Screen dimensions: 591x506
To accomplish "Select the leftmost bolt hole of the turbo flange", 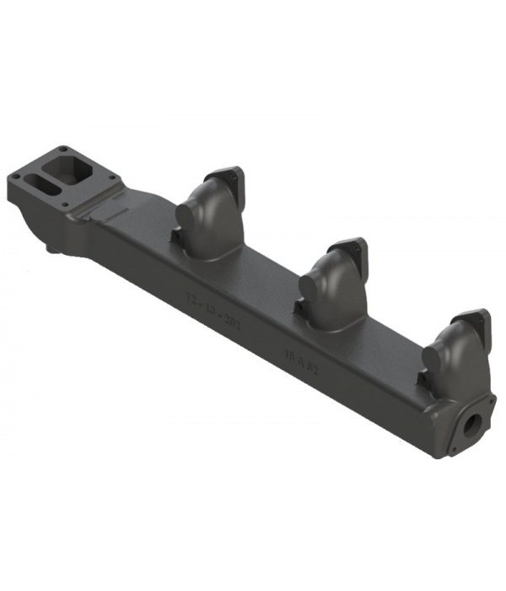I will tap(15, 176).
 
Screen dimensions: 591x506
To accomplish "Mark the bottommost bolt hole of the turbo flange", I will tap(67, 204).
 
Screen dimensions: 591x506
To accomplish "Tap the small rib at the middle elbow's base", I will tap(300, 312).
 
